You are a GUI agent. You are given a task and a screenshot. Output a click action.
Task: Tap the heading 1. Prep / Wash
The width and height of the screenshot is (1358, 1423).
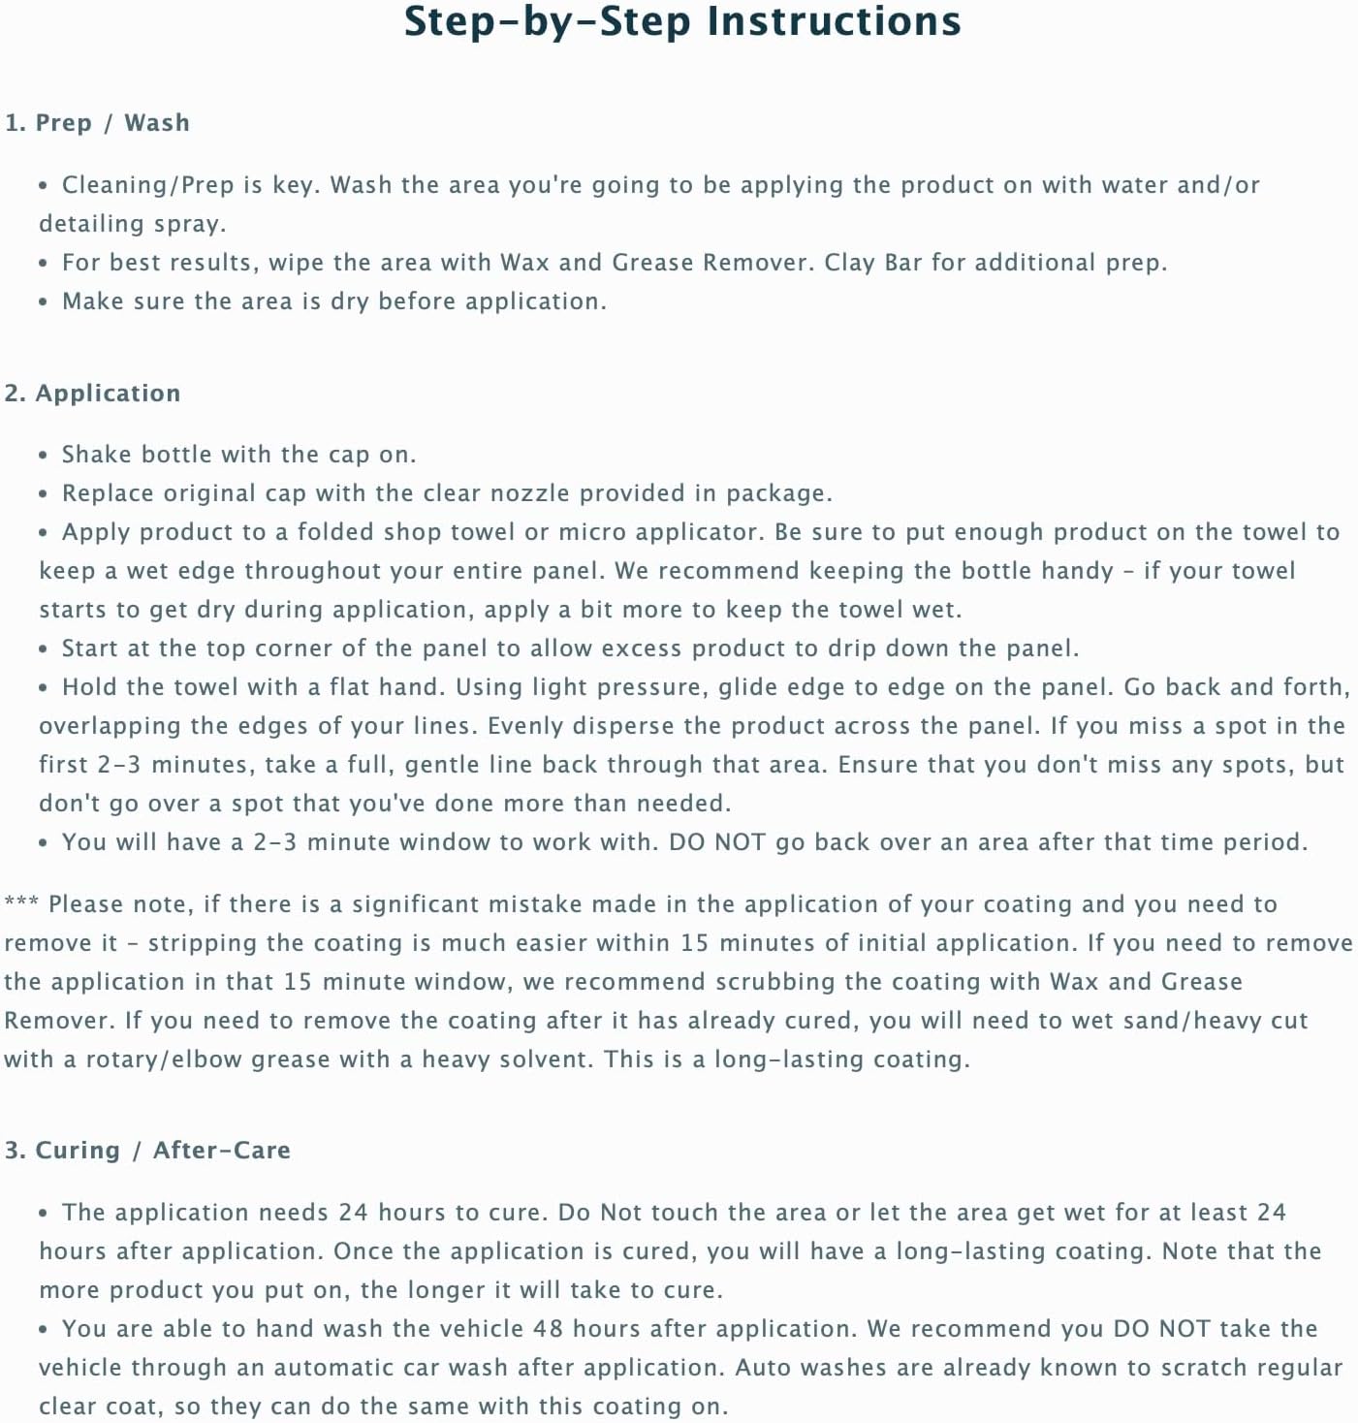(x=97, y=123)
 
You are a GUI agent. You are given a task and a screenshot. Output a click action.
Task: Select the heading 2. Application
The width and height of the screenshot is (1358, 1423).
(x=92, y=393)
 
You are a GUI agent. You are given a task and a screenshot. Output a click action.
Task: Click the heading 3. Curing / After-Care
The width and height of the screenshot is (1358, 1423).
(x=147, y=1151)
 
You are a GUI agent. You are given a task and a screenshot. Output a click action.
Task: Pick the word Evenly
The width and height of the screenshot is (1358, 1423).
(x=524, y=726)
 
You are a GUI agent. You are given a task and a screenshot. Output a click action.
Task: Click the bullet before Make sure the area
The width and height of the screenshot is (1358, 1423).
(x=43, y=302)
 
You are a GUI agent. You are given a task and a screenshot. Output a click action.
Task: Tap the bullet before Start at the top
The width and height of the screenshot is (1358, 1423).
(x=43, y=649)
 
